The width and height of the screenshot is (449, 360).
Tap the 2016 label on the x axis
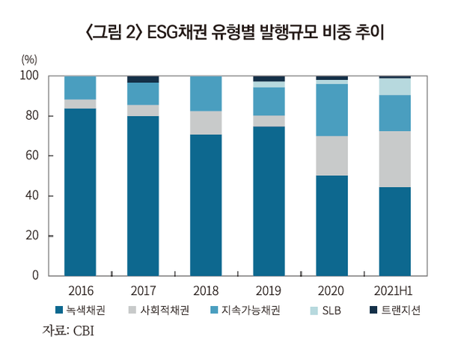click(79, 290)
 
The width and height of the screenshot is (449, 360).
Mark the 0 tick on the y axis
click(34, 276)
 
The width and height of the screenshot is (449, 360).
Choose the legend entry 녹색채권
click(83, 309)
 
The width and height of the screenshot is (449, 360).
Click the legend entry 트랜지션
click(394, 309)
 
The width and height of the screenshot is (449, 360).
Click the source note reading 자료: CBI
click(68, 330)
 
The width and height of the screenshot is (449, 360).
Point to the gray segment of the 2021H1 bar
click(394, 159)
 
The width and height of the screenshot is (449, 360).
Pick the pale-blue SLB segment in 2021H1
click(394, 86)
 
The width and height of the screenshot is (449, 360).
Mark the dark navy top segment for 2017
click(142, 79)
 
